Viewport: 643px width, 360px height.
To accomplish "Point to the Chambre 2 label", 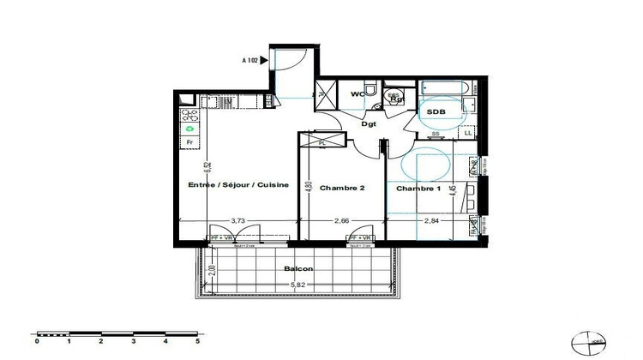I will pyautogui.click(x=337, y=188).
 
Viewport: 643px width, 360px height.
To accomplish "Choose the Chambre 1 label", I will pyautogui.click(x=419, y=188).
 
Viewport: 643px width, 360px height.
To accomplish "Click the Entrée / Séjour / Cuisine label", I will pyautogui.click(x=238, y=185).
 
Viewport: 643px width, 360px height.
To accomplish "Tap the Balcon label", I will pyautogui.click(x=298, y=268).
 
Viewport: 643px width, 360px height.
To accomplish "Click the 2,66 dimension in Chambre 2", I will pyautogui.click(x=341, y=220).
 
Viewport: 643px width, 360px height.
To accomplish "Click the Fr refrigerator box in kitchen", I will pyautogui.click(x=189, y=142).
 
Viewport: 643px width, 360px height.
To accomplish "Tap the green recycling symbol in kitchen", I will pyautogui.click(x=189, y=129).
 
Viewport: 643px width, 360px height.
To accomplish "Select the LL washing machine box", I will pyautogui.click(x=467, y=133).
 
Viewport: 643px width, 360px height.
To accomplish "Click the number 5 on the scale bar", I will pyautogui.click(x=197, y=340).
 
